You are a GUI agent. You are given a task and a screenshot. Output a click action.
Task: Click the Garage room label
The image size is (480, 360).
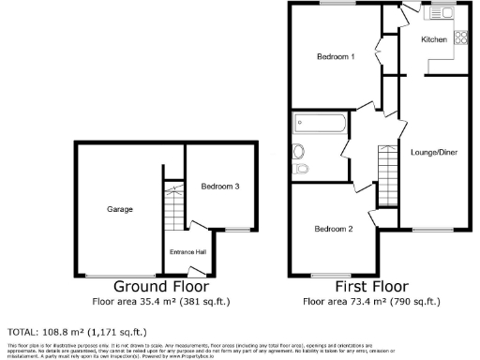click(119, 209)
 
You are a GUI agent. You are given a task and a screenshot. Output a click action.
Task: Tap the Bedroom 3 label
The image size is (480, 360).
click(220, 187)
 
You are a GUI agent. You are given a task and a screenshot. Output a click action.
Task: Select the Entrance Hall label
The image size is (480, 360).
click(187, 250)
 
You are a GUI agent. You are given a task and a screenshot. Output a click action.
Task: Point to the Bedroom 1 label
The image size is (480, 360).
click(335, 57)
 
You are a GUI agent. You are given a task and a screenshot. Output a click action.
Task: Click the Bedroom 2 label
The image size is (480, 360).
click(333, 229)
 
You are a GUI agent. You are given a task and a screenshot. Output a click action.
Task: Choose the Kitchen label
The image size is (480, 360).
click(433, 40)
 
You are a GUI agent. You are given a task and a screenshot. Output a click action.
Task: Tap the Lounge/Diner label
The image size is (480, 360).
click(434, 152)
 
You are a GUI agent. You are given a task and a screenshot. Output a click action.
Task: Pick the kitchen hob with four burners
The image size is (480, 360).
click(460, 38)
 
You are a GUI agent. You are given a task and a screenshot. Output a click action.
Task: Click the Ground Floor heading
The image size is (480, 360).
click(161, 287)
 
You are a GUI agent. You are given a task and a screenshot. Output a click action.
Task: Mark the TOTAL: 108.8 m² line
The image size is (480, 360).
click(76, 332)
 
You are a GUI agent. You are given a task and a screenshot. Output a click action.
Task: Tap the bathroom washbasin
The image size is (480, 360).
click(299, 151)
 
